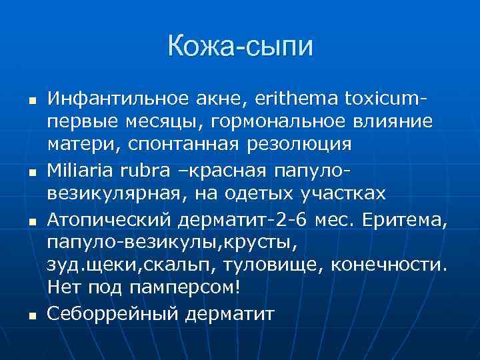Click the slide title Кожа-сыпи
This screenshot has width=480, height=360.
coord(240,47)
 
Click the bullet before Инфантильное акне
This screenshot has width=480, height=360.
coord(30,101)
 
